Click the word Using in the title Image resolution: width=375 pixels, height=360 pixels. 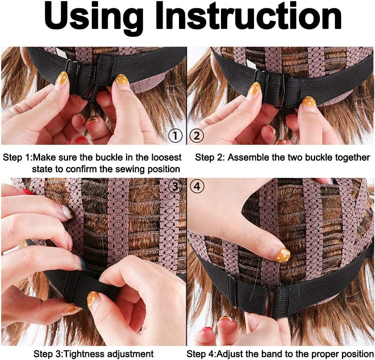point(94,17)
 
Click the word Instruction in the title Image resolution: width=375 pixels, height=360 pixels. point(249,15)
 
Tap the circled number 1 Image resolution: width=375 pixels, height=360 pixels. point(175,135)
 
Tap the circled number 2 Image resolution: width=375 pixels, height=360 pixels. point(196,135)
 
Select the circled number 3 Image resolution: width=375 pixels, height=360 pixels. point(175,186)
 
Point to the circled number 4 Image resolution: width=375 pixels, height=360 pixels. point(197,186)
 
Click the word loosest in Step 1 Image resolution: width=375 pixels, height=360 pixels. point(166,157)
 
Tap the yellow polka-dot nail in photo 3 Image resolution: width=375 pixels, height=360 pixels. point(93,300)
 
